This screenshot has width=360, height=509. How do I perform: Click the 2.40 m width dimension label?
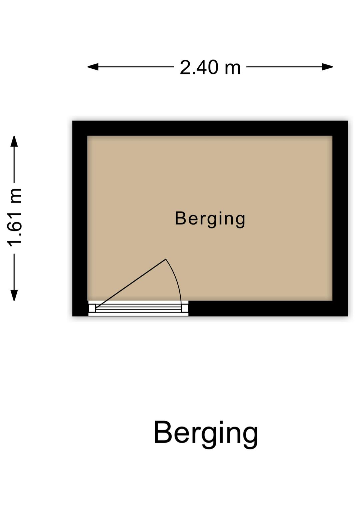click(x=210, y=67)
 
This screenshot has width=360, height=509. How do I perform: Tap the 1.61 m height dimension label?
click(x=14, y=217)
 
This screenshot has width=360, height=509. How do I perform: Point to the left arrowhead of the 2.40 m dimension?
click(x=93, y=67)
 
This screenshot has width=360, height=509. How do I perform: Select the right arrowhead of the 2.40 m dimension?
click(x=327, y=67)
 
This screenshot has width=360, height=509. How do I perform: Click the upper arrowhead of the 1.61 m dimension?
click(x=14, y=141)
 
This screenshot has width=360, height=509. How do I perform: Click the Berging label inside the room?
click(x=210, y=219)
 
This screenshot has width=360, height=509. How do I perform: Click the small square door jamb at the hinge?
click(x=92, y=308)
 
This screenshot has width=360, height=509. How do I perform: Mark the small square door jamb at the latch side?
click(x=185, y=308)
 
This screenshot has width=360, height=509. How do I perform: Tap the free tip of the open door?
click(x=166, y=259)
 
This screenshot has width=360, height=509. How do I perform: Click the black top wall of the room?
click(x=210, y=128)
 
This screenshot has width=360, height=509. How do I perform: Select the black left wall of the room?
click(x=80, y=218)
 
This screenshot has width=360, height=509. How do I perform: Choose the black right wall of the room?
click(x=340, y=218)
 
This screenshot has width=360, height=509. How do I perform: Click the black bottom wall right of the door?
click(x=268, y=308)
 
